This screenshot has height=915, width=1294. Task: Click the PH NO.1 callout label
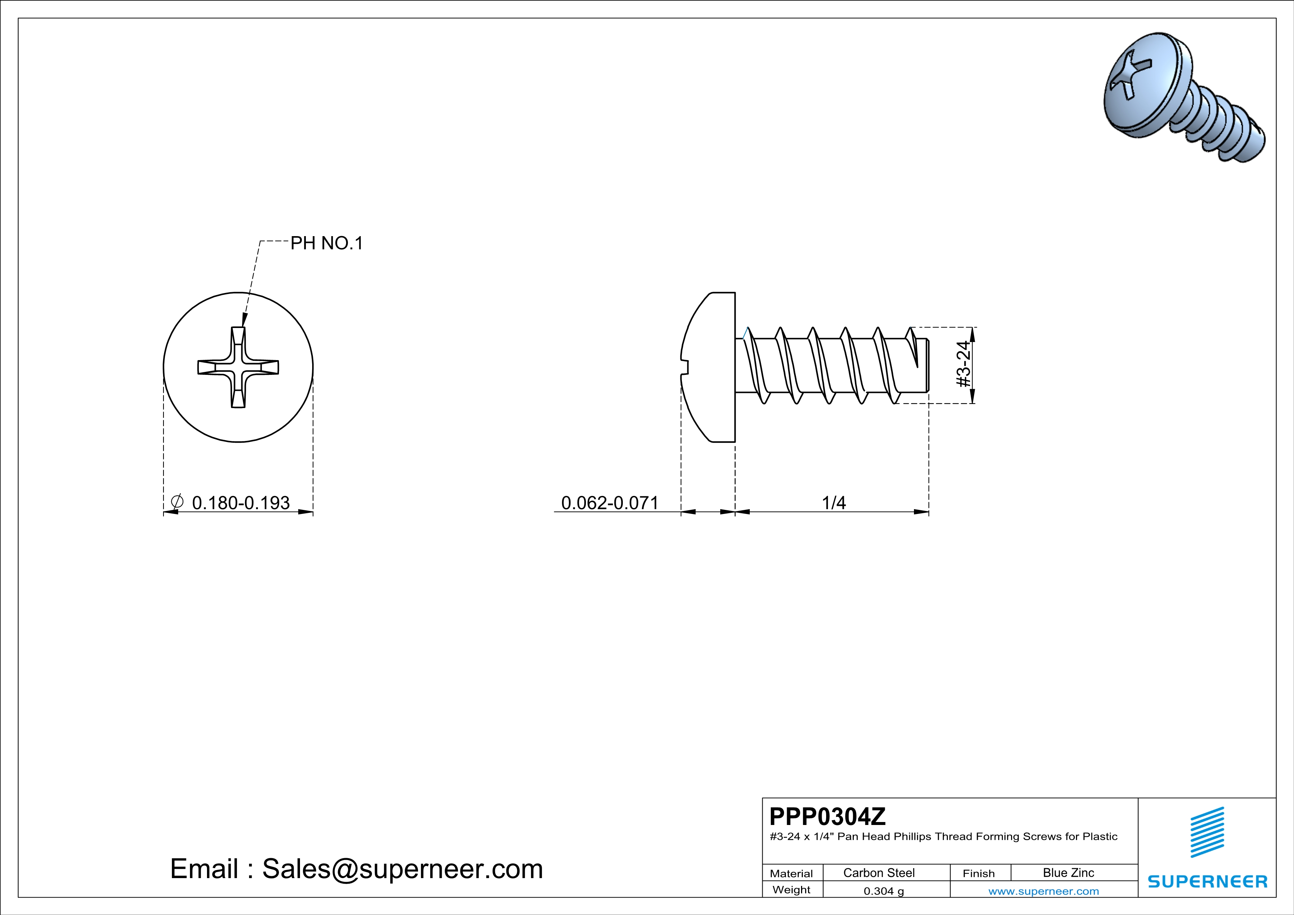click(326, 244)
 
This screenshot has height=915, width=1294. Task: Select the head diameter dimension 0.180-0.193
click(241, 503)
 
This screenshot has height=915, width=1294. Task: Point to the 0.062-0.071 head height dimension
click(610, 503)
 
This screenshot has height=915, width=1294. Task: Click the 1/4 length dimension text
click(834, 503)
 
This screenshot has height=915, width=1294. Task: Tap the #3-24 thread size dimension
click(964, 365)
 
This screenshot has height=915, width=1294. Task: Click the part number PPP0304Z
click(827, 816)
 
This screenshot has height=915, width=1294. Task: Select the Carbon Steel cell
click(879, 873)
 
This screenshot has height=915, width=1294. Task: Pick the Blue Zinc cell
click(1068, 873)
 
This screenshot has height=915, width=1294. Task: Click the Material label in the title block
click(791, 873)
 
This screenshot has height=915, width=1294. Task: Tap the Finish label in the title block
click(979, 873)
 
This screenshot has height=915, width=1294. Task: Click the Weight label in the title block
click(791, 890)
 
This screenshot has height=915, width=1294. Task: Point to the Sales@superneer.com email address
click(403, 869)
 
